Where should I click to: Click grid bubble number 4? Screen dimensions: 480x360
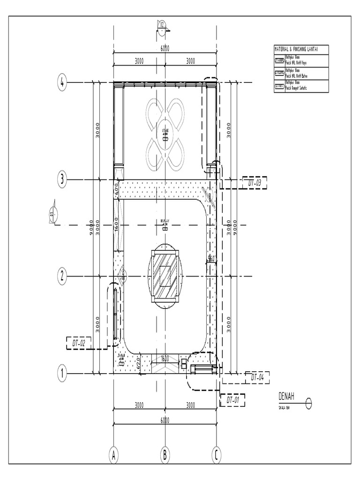[61, 83]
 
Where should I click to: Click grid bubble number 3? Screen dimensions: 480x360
[61, 179]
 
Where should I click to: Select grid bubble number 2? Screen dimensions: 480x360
[61, 276]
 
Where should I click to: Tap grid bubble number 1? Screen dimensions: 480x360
[61, 374]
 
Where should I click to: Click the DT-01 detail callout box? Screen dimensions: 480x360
[233, 400]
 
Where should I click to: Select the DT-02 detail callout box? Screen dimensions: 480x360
[78, 343]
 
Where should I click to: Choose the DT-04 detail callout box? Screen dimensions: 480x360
[257, 377]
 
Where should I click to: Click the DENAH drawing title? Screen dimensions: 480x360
[286, 397]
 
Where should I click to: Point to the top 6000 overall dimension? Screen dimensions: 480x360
[165, 48]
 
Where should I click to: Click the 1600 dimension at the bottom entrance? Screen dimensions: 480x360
[165, 359]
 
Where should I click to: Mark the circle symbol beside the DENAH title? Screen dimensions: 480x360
[308, 403]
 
